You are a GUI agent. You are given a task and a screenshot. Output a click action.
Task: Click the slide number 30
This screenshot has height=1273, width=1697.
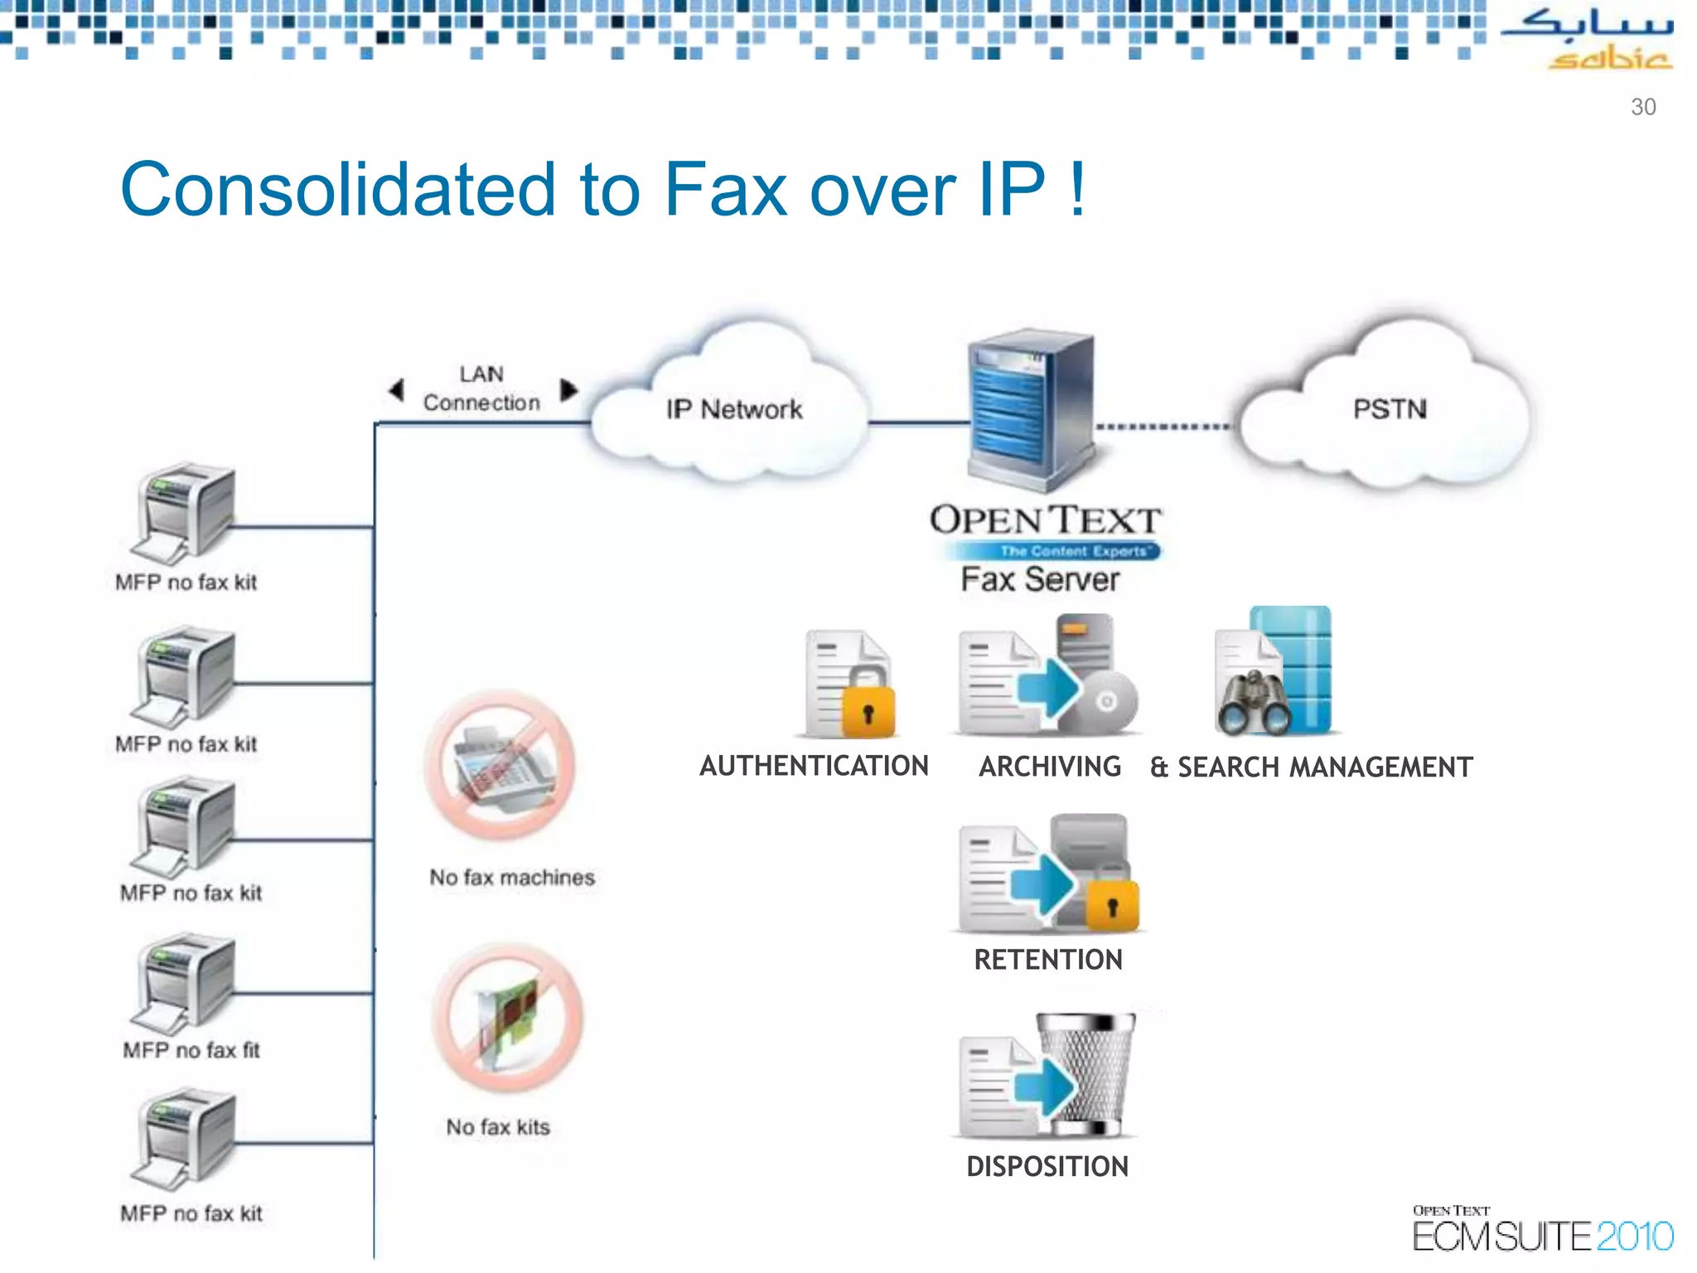pyautogui.click(x=1642, y=107)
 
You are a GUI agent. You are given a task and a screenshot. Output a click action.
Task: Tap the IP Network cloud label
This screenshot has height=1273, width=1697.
pyautogui.click(x=734, y=409)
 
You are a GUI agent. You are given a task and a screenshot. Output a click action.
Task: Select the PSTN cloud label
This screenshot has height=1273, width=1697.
pyautogui.click(x=1390, y=409)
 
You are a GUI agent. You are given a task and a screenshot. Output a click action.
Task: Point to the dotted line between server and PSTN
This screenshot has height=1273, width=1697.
pyautogui.click(x=1163, y=428)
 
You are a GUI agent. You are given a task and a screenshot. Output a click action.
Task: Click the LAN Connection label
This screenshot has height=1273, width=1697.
pyautogui.click(x=481, y=389)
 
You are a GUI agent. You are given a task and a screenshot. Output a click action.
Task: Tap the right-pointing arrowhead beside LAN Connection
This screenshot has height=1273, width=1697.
pyautogui.click(x=568, y=390)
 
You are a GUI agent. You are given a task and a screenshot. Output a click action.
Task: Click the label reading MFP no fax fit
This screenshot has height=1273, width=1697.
pyautogui.click(x=191, y=1051)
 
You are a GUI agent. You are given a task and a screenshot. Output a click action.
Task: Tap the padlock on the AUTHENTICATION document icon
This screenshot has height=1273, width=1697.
pyautogui.click(x=868, y=711)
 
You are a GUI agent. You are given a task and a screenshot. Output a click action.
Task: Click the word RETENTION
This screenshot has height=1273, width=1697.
pyautogui.click(x=1048, y=960)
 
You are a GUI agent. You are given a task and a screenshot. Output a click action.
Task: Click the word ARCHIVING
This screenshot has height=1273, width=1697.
pyautogui.click(x=1050, y=767)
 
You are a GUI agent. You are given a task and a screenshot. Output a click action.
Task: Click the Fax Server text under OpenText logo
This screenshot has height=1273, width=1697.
pyautogui.click(x=1040, y=579)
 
